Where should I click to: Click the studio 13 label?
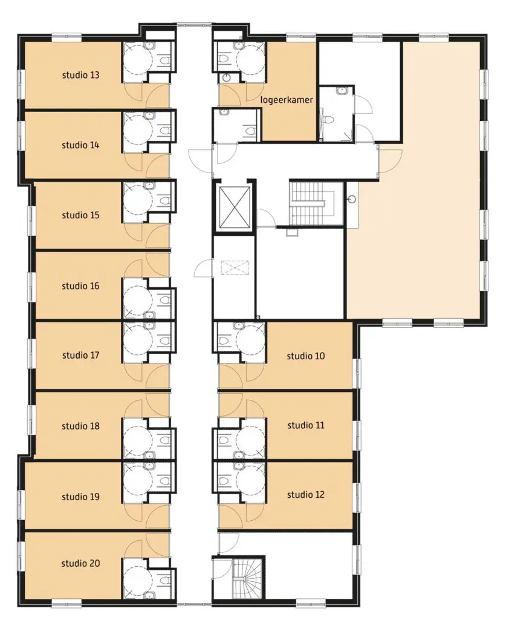(80, 75)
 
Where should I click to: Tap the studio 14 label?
(80, 145)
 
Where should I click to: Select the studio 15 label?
(80, 215)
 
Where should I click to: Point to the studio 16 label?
(80, 286)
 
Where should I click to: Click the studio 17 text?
(80, 355)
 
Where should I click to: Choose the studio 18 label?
(80, 426)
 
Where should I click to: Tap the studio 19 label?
(80, 497)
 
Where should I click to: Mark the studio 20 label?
(80, 563)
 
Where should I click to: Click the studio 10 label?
(306, 356)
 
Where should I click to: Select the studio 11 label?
(306, 426)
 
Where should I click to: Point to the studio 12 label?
(306, 495)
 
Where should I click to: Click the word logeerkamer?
(287, 100)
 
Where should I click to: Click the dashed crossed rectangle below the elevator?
(235, 267)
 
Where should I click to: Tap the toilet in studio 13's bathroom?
(165, 60)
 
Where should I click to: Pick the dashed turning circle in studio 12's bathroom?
(251, 481)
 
